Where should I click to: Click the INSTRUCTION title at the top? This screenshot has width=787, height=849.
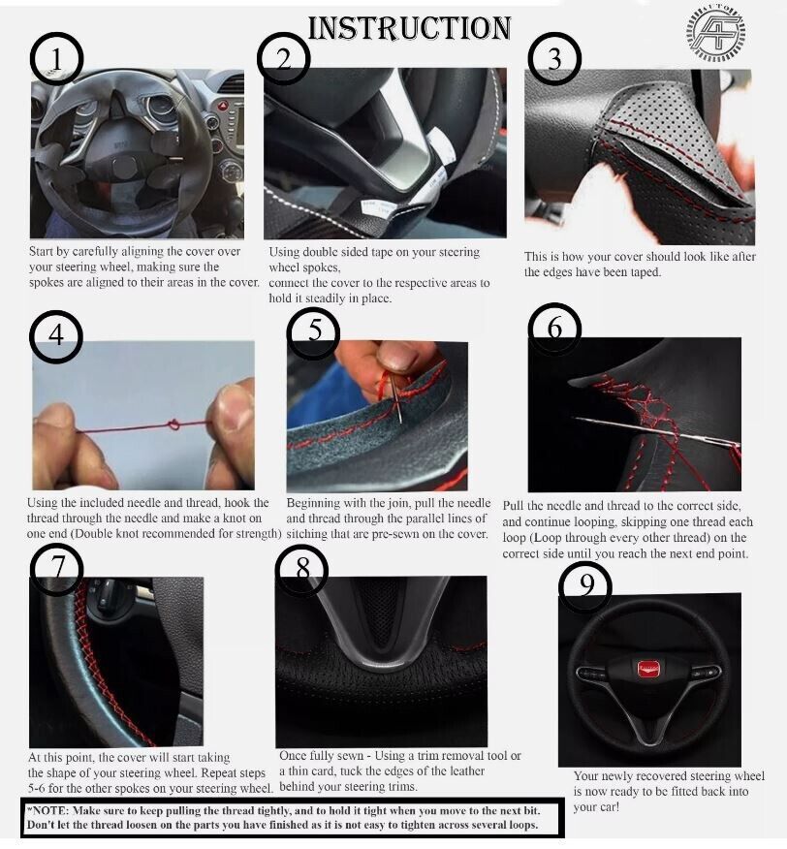pyautogui.click(x=409, y=28)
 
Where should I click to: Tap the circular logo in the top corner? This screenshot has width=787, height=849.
pyautogui.click(x=715, y=33)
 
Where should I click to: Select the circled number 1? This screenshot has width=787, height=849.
pyautogui.click(x=56, y=58)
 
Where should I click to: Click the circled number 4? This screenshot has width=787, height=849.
pyautogui.click(x=56, y=336)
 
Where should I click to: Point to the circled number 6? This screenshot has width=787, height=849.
pyautogui.click(x=554, y=329)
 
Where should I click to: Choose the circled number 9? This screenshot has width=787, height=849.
pyautogui.click(x=585, y=585)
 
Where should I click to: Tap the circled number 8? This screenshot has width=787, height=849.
pyautogui.click(x=301, y=570)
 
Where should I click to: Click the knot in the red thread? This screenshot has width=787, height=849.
pyautogui.click(x=173, y=424)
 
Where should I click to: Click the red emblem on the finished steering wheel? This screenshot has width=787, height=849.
pyautogui.click(x=646, y=668)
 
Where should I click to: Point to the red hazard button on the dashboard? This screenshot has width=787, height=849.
pyautogui.click(x=223, y=105)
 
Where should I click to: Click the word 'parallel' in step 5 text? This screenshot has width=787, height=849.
pyautogui.click(x=426, y=519)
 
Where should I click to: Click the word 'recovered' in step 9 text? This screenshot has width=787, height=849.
pyautogui.click(x=671, y=776)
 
